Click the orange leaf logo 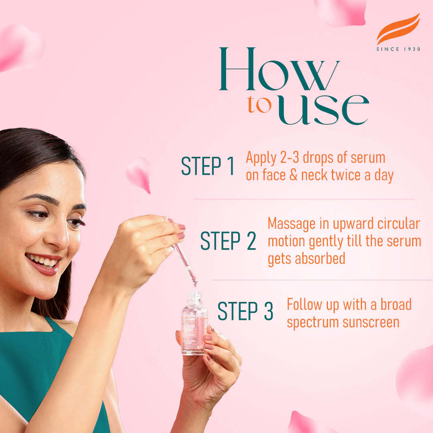pos(398,29)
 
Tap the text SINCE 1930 pos(398,49)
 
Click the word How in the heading pos(279,70)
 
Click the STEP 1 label pos(207,167)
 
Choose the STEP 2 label pos(228,241)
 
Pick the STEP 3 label pos(245,312)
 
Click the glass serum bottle pos(194,326)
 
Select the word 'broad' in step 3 pos(396,304)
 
